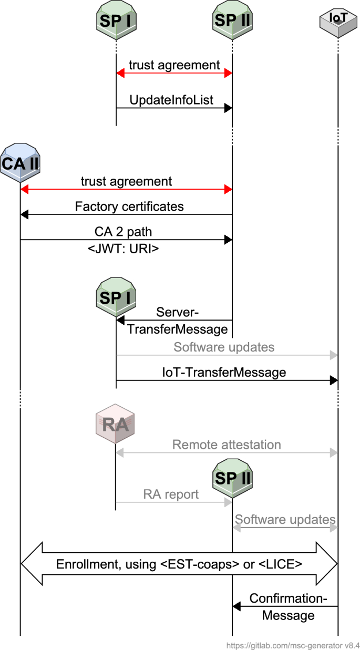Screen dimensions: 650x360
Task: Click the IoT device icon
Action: [x=337, y=20]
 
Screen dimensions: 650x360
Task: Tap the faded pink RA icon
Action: [x=116, y=425]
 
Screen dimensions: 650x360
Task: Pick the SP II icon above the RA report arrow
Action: [x=232, y=478]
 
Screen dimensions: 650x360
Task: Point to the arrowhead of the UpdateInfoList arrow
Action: [x=228, y=108]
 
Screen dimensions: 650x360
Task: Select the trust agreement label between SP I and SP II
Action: [x=174, y=65]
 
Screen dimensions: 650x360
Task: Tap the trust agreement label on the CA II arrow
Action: [x=126, y=181]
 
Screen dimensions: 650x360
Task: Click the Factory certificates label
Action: [x=129, y=207]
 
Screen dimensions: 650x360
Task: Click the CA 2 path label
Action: [x=126, y=232]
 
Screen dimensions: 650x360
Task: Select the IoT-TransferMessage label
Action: [x=224, y=373]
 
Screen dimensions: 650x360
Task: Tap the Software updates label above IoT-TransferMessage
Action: [x=224, y=347]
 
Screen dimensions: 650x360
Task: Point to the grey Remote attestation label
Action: [x=227, y=445]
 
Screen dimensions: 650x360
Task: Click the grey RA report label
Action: [x=171, y=494]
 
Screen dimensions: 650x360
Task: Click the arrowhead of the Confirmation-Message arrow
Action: [x=236, y=607]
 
